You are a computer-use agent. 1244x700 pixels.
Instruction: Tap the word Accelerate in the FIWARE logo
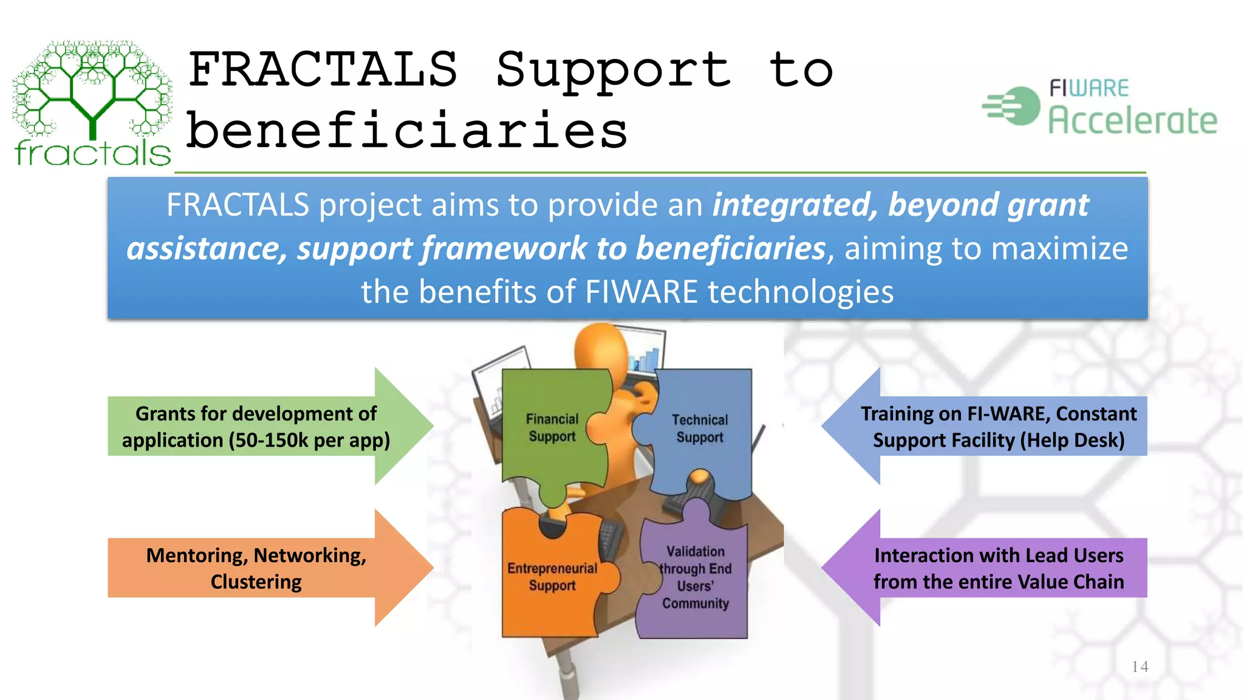1133,120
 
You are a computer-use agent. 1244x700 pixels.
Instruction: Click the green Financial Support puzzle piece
552,428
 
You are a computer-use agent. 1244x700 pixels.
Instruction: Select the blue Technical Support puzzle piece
700,428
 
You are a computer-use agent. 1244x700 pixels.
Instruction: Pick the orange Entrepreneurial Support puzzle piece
552,577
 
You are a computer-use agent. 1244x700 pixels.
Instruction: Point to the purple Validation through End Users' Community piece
695,577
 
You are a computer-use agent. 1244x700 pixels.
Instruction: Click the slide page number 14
1140,667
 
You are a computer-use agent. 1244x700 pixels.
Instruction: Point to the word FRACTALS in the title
323,70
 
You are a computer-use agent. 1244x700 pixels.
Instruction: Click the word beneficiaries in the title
407,131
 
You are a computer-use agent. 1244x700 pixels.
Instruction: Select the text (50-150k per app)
310,441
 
